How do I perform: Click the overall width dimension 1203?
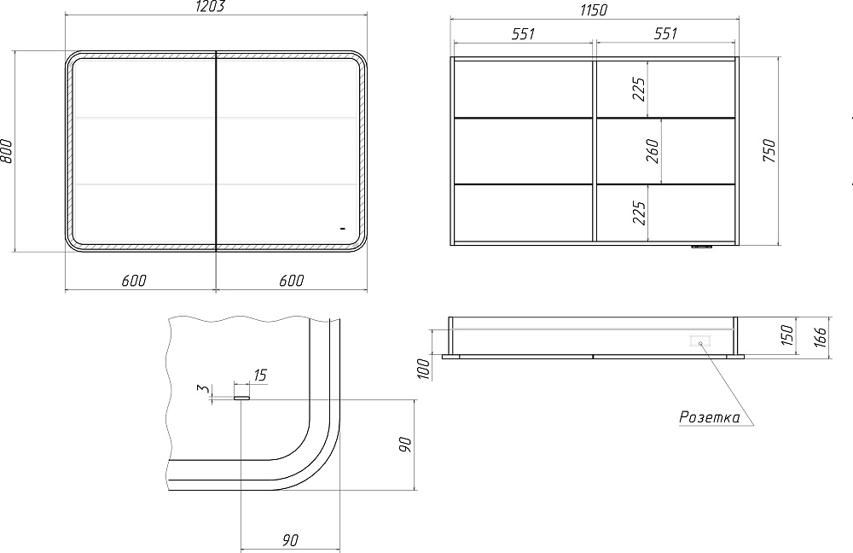tap(209, 7)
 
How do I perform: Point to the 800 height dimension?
tap(7, 151)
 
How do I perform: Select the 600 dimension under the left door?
tap(134, 280)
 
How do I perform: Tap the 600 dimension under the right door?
tap(292, 280)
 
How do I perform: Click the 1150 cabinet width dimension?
tap(594, 9)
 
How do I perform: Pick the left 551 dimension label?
tap(524, 34)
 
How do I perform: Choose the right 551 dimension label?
tap(665, 34)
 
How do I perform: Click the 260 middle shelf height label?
tap(653, 151)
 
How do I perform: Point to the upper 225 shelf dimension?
tap(639, 89)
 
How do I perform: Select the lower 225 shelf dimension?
tap(639, 212)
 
